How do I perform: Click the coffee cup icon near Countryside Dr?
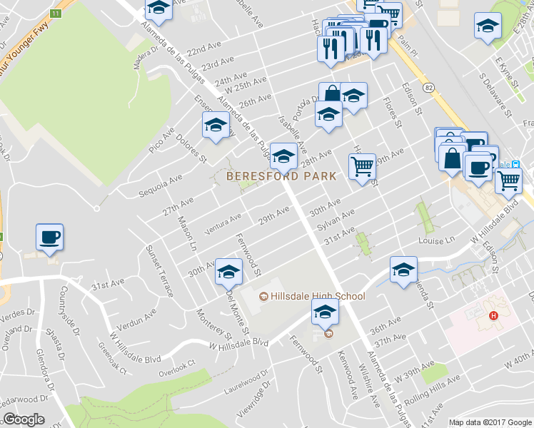[49, 238]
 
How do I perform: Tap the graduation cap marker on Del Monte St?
[228, 271]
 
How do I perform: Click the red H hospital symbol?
[492, 315]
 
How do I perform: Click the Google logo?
[24, 419]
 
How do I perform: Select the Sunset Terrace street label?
[160, 270]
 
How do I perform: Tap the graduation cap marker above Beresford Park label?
[283, 155]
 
